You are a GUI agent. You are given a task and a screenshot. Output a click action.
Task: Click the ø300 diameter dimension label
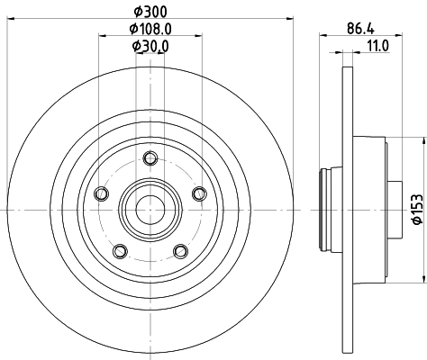click(150, 12)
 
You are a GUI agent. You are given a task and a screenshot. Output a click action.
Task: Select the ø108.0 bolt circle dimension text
click(150, 29)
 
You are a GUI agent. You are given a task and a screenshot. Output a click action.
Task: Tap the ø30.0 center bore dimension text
click(150, 46)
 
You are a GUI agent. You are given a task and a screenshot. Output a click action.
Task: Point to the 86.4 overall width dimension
click(360, 29)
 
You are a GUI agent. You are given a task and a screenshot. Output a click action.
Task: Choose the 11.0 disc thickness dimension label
click(378, 46)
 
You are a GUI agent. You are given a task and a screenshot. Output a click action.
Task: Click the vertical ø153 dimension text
click(418, 209)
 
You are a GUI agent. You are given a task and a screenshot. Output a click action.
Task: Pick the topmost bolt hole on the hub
click(150, 158)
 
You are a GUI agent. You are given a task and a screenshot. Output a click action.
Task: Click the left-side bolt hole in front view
click(101, 193)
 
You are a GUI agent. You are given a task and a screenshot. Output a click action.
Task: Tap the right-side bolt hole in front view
click(199, 193)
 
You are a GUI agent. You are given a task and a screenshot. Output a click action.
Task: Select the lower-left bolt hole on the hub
click(120, 251)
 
